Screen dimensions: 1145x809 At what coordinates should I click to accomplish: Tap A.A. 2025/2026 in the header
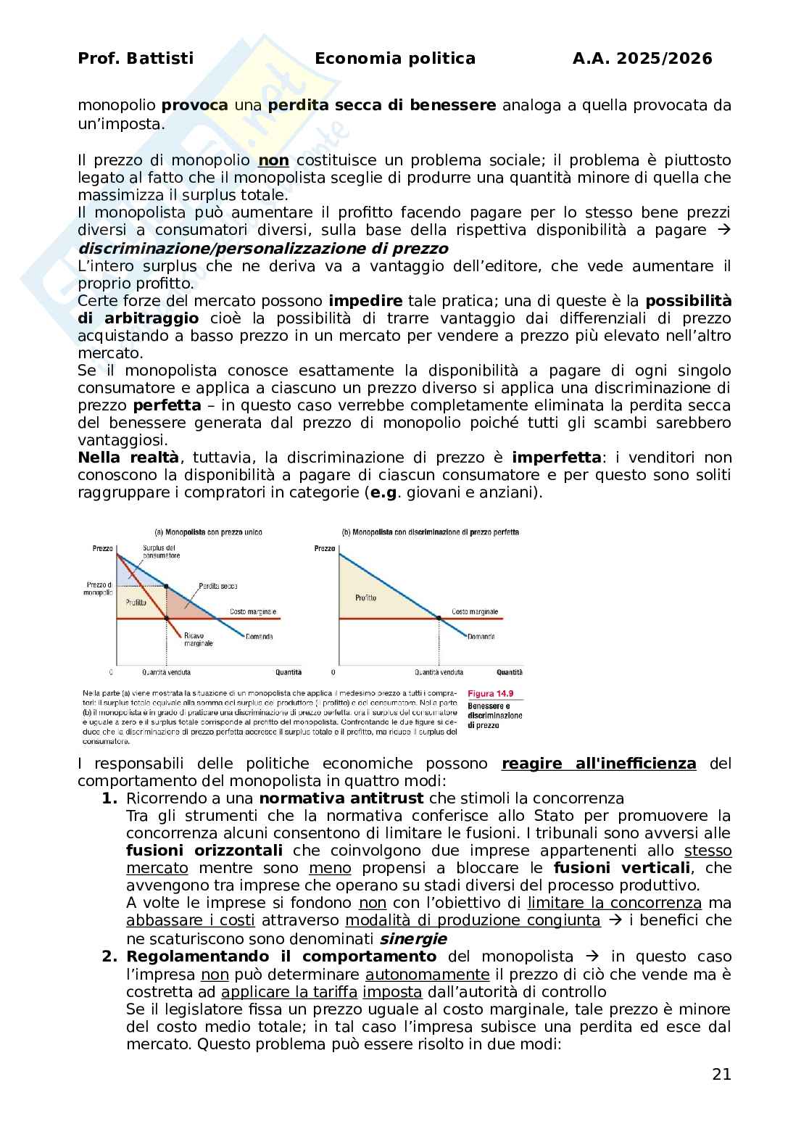coord(642,59)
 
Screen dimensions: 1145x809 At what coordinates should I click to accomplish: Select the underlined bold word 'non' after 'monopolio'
coord(273,160)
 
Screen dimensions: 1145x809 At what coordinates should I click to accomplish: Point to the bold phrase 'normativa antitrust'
coord(341,798)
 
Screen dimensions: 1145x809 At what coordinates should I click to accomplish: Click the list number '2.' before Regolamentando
coord(109,956)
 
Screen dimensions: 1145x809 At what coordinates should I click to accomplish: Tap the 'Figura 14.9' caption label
coord(490,694)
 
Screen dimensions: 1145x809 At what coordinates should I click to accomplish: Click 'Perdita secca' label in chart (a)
coord(218,586)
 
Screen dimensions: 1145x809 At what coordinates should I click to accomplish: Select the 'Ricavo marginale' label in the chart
coord(199,639)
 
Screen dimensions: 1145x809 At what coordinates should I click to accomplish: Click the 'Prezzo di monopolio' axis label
coord(99,588)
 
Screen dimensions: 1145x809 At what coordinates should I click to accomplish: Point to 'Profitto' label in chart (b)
coord(366,598)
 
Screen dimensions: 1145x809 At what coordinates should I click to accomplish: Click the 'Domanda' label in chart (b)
coord(481,636)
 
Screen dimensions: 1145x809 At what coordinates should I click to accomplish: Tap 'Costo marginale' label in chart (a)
coord(252,611)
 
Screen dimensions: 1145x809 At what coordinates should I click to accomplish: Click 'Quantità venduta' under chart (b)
coord(439,672)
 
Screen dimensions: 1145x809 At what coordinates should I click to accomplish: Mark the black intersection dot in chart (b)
coord(439,618)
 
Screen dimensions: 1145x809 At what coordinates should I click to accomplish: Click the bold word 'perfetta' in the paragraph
coord(167,405)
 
